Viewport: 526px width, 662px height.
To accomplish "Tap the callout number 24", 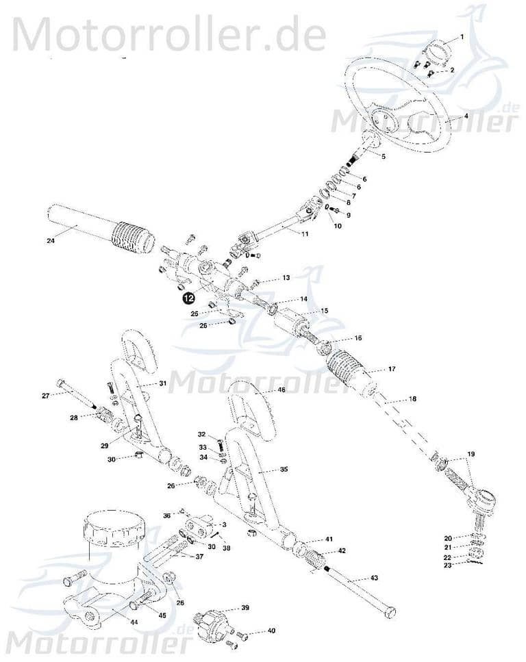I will pyautogui.click(x=51, y=240).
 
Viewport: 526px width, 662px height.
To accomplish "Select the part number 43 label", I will pyautogui.click(x=374, y=578).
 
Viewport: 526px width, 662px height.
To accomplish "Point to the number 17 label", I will pyautogui.click(x=392, y=370).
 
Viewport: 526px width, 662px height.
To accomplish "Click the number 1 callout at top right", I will pyautogui.click(x=462, y=36).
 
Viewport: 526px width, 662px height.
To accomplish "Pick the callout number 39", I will pyautogui.click(x=245, y=608).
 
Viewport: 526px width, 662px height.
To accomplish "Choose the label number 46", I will pyautogui.click(x=281, y=390).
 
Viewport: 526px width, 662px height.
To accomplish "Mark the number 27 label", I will pyautogui.click(x=46, y=396).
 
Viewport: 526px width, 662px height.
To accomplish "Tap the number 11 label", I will pyautogui.click(x=305, y=234).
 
